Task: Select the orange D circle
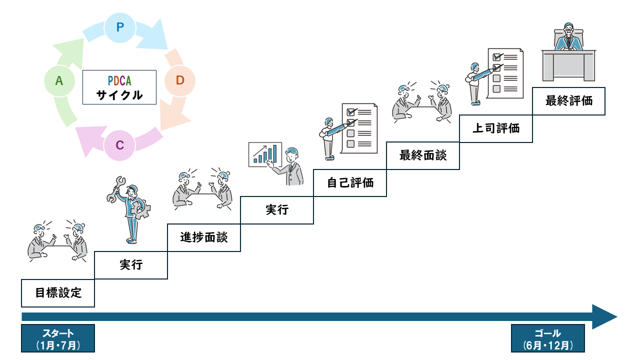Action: click(180, 80)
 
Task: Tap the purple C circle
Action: click(119, 145)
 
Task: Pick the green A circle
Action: click(59, 80)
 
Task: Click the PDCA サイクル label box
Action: click(119, 87)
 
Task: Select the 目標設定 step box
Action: click(58, 292)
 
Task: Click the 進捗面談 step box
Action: click(204, 237)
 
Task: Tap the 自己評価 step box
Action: click(350, 182)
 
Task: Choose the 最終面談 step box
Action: click(423, 155)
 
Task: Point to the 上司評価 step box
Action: click(496, 128)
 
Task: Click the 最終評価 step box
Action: click(568, 101)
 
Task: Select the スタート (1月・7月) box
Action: click(58, 338)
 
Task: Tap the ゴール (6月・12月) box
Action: click(547, 338)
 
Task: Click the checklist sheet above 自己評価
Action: click(359, 128)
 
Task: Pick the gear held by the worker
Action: click(143, 210)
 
